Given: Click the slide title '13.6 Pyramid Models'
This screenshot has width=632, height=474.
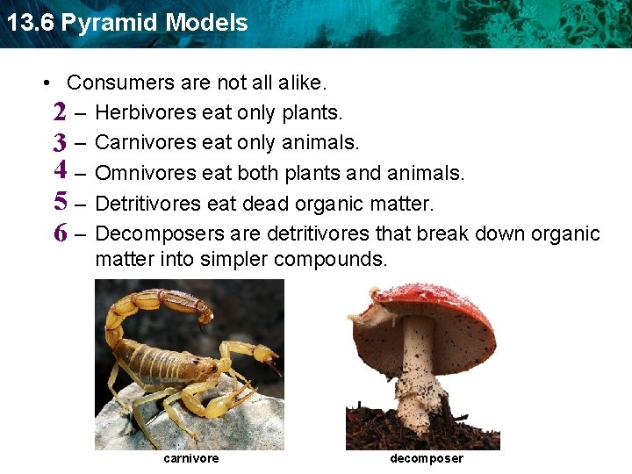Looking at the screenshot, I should click(127, 23).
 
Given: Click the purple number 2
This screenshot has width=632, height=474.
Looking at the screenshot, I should click(60, 112).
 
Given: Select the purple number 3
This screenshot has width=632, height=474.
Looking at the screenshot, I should click(60, 142).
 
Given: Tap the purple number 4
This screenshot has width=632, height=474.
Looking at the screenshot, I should click(60, 169).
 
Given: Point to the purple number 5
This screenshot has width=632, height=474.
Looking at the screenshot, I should click(60, 201).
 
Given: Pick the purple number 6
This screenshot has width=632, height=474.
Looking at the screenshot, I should click(60, 233).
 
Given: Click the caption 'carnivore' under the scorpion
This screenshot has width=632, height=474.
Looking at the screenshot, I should click(191, 458).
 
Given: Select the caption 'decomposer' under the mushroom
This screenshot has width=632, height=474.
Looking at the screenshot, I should click(426, 458).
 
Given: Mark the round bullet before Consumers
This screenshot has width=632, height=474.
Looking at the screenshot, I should click(46, 84).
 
